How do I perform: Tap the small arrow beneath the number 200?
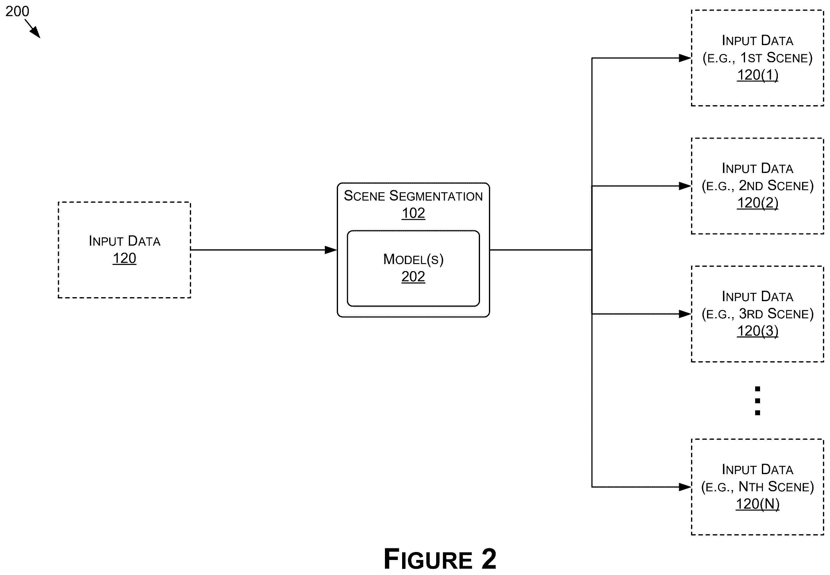tap(33, 29)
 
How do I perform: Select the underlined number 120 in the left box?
tap(124, 258)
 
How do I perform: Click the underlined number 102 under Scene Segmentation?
tap(413, 213)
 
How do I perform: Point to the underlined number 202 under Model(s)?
tap(413, 277)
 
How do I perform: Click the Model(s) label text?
tap(413, 259)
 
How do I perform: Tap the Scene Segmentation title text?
tap(413, 196)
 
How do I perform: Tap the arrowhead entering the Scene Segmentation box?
tap(331, 250)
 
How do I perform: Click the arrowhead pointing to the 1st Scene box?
tap(685, 58)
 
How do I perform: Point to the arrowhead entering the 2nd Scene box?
tap(685, 186)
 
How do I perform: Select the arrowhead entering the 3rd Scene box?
tap(685, 314)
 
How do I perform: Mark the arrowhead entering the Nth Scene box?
tap(685, 487)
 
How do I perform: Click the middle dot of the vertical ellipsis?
tap(757, 401)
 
